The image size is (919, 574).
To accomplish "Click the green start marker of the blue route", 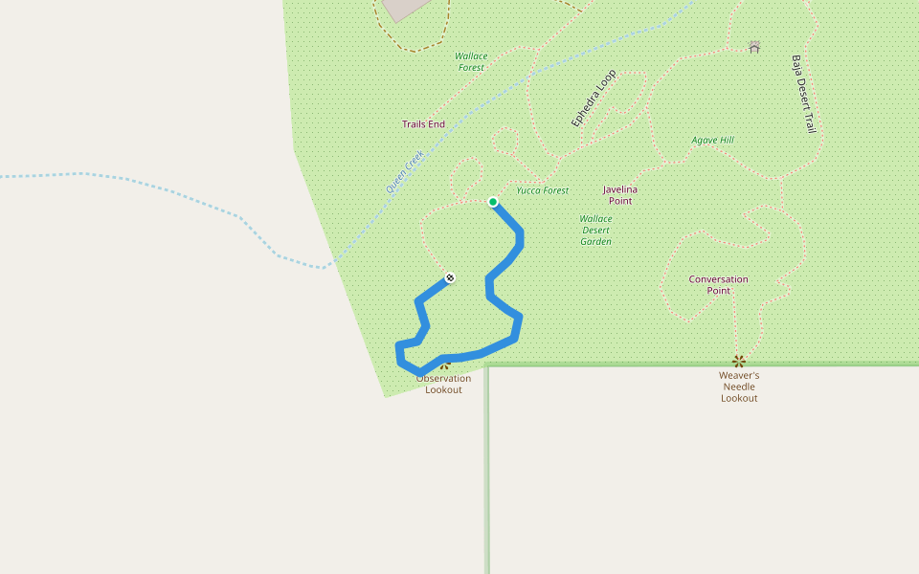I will [x=493, y=202].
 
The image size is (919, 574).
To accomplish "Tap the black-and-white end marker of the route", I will [x=450, y=278].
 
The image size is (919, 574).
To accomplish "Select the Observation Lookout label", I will [x=443, y=384].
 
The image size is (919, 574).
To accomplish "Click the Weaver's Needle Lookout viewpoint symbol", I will [x=738, y=361].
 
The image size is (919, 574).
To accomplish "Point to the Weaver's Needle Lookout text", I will [x=739, y=386].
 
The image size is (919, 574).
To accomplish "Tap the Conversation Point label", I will [x=718, y=285].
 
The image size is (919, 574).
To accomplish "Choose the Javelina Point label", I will [x=620, y=195].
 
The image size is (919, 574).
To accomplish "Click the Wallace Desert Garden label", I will [x=595, y=230].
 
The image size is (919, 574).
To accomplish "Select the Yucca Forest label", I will [x=543, y=190].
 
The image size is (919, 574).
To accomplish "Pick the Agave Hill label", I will [x=713, y=141].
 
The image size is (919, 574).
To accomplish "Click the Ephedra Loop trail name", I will [x=594, y=98].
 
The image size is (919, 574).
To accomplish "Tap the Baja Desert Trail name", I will [x=802, y=93].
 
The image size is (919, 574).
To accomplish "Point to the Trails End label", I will [x=423, y=124].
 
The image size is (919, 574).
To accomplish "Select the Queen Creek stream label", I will [x=405, y=172].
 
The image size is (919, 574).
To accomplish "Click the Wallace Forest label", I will [x=471, y=61].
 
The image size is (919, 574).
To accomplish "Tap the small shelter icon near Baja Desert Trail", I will [x=754, y=46].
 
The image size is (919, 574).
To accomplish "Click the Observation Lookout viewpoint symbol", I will [x=444, y=364].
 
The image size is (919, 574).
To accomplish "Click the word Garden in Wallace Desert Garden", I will [x=595, y=241].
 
